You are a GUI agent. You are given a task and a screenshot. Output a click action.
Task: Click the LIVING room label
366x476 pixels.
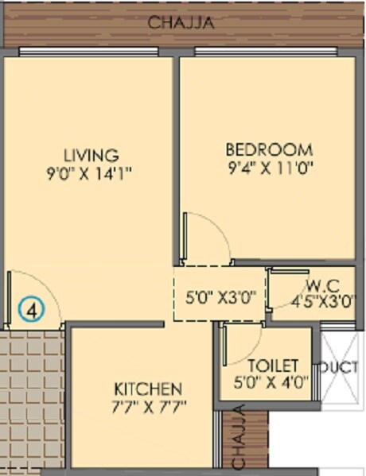pos(91,155)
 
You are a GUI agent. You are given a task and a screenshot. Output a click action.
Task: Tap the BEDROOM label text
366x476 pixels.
pos(269,149)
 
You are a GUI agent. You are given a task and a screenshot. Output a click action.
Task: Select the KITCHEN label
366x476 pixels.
pos(148,389)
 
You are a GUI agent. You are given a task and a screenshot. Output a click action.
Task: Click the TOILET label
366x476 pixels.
pos(273,366)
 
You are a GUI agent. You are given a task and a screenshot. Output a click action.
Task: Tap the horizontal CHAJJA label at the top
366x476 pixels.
pos(181,23)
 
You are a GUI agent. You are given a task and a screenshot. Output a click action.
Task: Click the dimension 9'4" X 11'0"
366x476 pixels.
pos(269,168)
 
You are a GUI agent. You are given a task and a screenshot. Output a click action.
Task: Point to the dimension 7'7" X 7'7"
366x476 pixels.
pos(148,409)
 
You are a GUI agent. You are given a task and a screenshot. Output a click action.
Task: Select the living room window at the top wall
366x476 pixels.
pos(91,52)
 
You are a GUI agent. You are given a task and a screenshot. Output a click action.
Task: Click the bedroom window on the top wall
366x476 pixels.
pos(267,52)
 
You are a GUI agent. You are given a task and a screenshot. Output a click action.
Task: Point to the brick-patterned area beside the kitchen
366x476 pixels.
pos(32,397)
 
